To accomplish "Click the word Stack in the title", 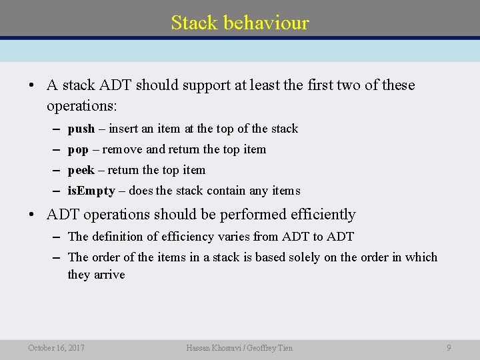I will click(x=194, y=23).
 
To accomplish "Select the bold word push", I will click(x=81, y=129).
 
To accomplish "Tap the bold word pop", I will click(x=78, y=149).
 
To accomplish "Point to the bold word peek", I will click(x=81, y=170).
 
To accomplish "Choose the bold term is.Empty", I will click(x=91, y=191).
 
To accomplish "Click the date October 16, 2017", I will click(x=56, y=347).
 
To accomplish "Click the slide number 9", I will click(x=449, y=347).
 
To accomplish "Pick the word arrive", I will click(x=109, y=275).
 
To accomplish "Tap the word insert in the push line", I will click(x=123, y=129).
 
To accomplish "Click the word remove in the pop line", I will click(x=123, y=149).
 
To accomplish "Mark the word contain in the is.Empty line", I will click(x=226, y=191).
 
